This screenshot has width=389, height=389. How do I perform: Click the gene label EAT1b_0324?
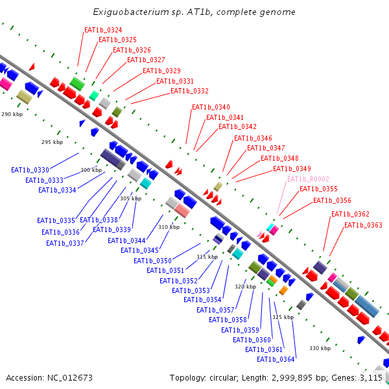[103, 30]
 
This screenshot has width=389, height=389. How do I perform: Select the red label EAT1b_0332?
[189, 91]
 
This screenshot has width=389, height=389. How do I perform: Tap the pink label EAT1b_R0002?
[308, 179]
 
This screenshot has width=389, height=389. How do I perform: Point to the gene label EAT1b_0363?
[363, 225]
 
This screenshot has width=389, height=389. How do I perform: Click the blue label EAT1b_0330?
[30, 170]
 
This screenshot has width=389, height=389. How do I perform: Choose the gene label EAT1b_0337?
[65, 243]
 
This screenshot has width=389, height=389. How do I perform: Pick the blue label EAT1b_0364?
[276, 359]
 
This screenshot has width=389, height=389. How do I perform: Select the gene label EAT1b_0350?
[152, 261]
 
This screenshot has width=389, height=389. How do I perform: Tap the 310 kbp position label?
[169, 227]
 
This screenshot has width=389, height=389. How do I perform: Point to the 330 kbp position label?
[320, 348]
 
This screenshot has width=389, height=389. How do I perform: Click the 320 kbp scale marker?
[245, 287]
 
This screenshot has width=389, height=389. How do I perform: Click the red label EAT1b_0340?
[211, 107]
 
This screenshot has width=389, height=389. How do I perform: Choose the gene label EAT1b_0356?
[332, 200]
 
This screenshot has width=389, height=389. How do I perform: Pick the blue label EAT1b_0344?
[126, 241]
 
